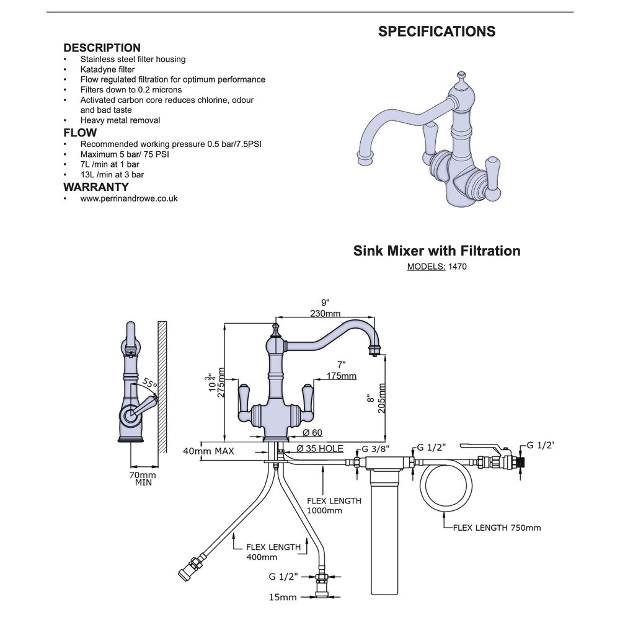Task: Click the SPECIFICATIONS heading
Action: (436, 32)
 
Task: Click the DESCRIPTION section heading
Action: (102, 48)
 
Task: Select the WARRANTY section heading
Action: (96, 187)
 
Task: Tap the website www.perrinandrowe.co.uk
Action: (129, 198)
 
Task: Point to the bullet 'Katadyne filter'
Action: (107, 69)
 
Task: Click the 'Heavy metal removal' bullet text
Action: (120, 120)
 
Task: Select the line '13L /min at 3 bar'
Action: (112, 175)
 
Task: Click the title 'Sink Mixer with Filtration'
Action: (436, 251)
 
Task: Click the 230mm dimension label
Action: (324, 314)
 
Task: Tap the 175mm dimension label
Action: (341, 376)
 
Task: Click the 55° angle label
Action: (149, 383)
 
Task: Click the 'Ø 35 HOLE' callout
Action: (320, 449)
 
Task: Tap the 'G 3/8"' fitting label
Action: (377, 448)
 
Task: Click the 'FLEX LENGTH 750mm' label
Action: (497, 528)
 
